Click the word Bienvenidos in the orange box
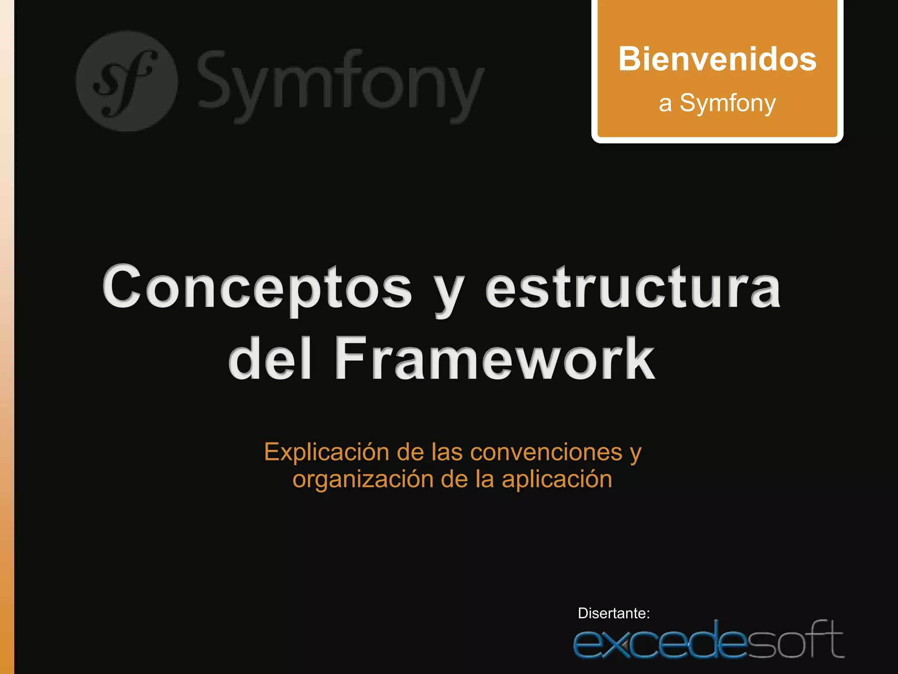tap(717, 59)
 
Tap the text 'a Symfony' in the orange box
tap(717, 104)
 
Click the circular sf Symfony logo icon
tap(127, 81)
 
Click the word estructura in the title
tap(633, 288)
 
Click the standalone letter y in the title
tap(449, 294)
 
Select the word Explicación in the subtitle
tap(326, 452)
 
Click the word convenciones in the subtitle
tap(546, 452)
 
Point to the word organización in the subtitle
tap(363, 480)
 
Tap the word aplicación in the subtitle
tap(557, 480)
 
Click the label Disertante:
tap(613, 613)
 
